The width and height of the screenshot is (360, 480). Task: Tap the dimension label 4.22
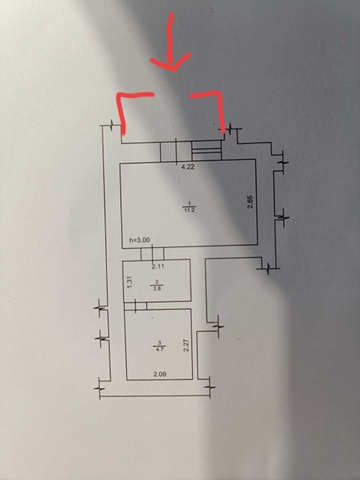188,167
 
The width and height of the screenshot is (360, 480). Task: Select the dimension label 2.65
250,202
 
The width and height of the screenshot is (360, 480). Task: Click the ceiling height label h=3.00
140,240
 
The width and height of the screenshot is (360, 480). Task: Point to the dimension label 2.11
158,267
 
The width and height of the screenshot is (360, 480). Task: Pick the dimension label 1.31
129,282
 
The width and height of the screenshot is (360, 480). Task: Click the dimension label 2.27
185,345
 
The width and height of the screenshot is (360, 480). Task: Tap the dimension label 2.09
160,374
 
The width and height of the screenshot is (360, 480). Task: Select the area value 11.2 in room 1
189,211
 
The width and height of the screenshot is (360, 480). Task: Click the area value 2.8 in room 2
157,288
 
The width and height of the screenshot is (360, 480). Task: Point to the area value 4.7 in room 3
159,349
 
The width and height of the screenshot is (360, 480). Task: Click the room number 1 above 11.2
189,203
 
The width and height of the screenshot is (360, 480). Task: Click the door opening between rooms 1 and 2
152,254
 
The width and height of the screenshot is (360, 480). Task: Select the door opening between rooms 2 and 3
136,306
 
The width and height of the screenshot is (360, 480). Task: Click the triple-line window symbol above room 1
207,150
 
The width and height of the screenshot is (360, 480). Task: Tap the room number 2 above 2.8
157,282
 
